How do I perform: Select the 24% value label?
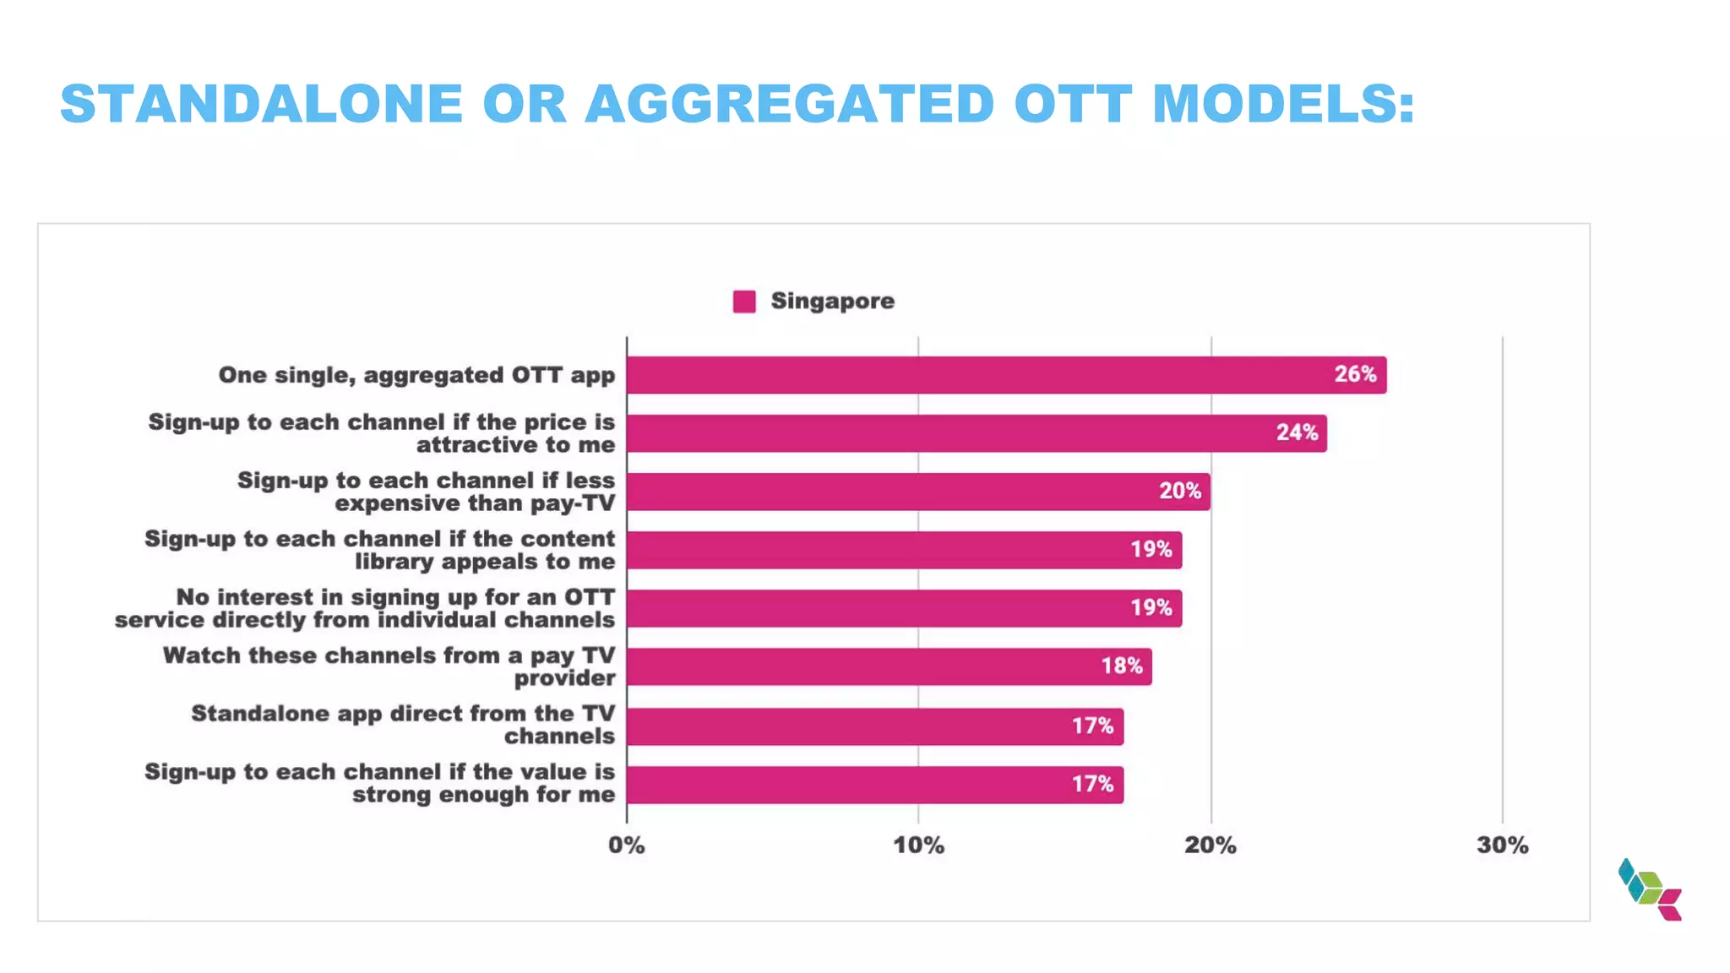pos(1297,432)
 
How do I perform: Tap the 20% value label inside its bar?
pos(1179,491)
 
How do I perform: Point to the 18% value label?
pos(1121,666)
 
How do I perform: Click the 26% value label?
pos(1355,374)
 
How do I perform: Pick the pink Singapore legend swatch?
pos(744,302)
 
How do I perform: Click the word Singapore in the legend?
pos(832,302)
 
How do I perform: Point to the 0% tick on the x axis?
pos(626,845)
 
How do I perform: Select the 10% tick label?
pos(918,845)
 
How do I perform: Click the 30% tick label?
pos(1502,845)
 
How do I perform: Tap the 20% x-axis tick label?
pos(1210,845)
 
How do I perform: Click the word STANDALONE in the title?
pos(262,104)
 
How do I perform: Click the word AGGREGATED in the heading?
pos(790,104)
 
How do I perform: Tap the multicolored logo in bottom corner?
pos(1650,889)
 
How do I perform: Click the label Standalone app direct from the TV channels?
pos(404,725)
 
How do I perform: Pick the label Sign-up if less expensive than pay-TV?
pos(426,492)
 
